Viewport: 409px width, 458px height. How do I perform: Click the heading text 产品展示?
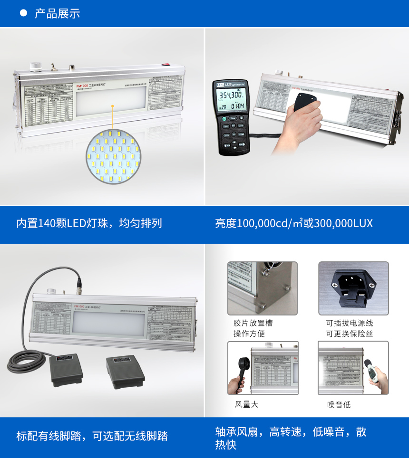tap(57, 13)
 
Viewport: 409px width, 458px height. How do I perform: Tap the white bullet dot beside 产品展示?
tap(23, 13)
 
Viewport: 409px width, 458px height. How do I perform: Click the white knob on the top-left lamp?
tap(34, 66)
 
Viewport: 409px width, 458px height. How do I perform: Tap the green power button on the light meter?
tap(224, 119)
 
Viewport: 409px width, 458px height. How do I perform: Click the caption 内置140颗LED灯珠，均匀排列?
tap(89, 223)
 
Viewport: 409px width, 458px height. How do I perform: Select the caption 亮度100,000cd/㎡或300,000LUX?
tap(294, 223)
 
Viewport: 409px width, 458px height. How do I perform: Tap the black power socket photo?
tap(353, 288)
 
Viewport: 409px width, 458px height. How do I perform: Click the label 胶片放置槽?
tap(253, 323)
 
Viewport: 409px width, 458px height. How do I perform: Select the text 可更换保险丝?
tap(350, 334)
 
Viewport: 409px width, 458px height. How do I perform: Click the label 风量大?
tap(246, 404)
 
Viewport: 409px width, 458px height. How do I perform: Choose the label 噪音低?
tap(339, 404)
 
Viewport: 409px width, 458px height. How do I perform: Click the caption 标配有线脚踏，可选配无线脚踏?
tap(92, 436)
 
